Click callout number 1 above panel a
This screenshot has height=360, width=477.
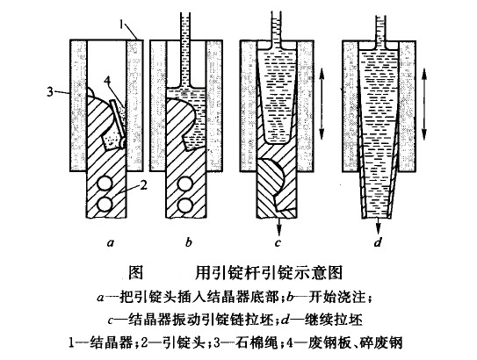(122, 25)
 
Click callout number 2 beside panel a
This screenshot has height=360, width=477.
(143, 184)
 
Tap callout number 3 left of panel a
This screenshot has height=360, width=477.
(50, 91)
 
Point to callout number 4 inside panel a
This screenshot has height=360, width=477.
(107, 81)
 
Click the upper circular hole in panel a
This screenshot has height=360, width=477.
(105, 184)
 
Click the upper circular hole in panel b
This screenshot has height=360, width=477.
(185, 184)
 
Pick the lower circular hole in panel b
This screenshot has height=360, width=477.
(185, 205)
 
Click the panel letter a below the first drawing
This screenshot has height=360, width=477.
(110, 243)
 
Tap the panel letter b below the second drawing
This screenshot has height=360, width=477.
(189, 242)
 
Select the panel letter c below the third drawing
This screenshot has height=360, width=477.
(278, 243)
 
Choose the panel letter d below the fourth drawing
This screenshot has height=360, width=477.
(378, 242)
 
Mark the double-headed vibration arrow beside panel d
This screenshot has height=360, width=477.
(424, 103)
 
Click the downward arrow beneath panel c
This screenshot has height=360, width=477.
(278, 226)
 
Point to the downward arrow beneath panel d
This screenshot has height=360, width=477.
(378, 226)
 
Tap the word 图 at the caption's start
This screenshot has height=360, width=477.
(135, 272)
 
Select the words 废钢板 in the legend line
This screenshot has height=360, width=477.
(329, 343)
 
